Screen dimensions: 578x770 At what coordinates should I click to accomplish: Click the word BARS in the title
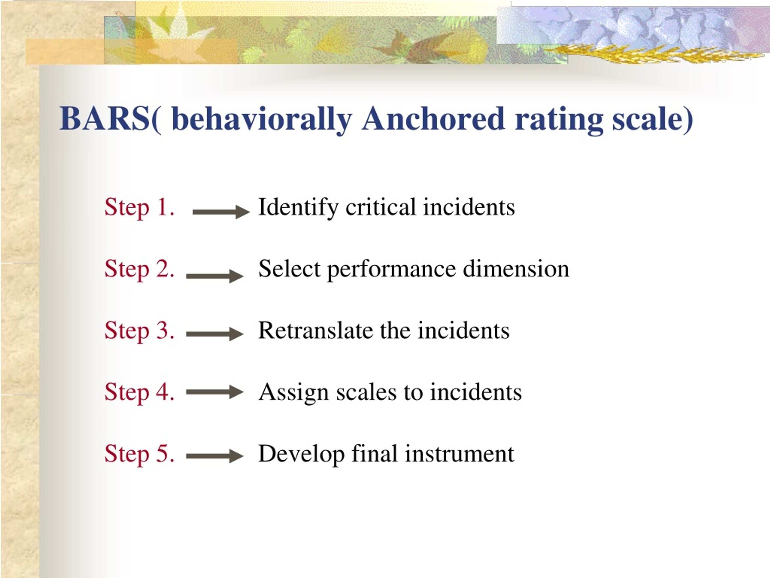click(104, 119)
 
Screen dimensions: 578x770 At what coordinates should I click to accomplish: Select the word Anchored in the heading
click(433, 119)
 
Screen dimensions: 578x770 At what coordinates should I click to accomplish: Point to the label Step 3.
click(139, 330)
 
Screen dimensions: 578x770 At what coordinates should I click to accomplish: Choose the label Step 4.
click(139, 392)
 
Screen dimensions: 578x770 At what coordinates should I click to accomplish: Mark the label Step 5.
click(139, 454)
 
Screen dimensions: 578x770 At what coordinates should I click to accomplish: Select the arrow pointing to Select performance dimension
click(215, 276)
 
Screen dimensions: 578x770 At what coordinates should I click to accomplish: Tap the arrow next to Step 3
click(215, 334)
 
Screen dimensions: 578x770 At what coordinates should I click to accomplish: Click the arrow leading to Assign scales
click(215, 392)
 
